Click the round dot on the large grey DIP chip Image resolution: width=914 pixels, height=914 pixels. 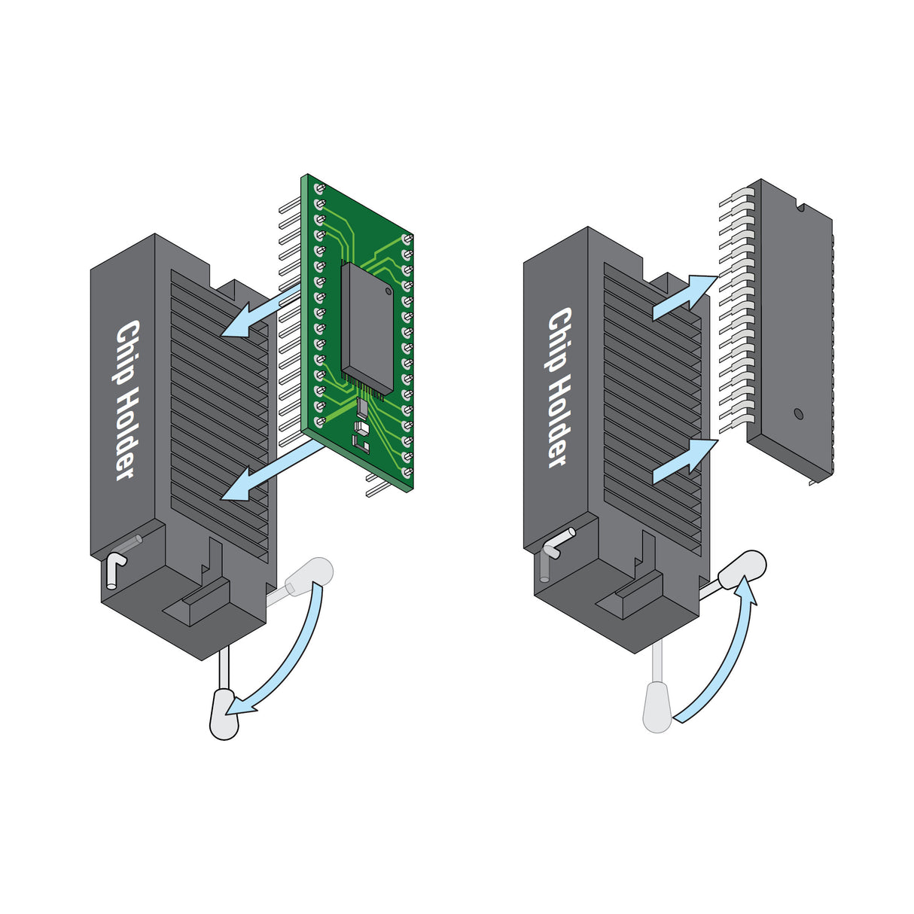pyautogui.click(x=798, y=413)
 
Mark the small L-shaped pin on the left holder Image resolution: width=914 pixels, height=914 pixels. pyautogui.click(x=114, y=568)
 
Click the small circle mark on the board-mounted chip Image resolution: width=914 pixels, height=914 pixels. pyautogui.click(x=387, y=289)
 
